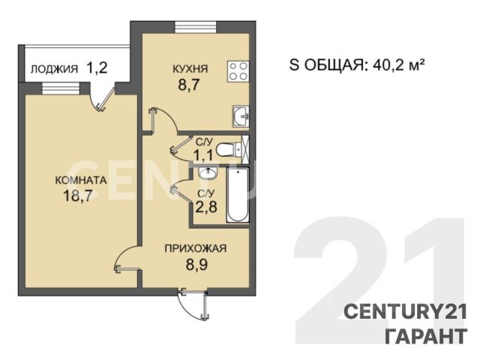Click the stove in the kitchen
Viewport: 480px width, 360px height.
238,71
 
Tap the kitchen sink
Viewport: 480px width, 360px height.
241,116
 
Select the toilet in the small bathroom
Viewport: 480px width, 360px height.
229,150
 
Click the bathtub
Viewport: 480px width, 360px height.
238,195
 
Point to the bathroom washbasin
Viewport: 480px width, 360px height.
208,173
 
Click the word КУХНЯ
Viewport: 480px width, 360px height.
190,69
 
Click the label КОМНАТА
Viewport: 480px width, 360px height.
81,180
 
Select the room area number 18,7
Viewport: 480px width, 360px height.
77,195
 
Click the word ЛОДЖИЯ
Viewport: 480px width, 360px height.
54,69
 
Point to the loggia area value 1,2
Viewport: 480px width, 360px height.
97,67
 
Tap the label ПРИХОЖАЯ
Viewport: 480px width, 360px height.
196,248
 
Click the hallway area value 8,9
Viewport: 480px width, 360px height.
196,264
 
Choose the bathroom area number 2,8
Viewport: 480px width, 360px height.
206,207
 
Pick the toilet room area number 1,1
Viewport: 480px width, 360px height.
203,155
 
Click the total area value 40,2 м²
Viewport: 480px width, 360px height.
399,65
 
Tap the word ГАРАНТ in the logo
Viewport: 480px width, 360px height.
426,336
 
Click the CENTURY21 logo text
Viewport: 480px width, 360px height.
406,312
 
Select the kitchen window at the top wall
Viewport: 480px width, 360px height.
196,27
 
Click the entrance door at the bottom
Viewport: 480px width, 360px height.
193,304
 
